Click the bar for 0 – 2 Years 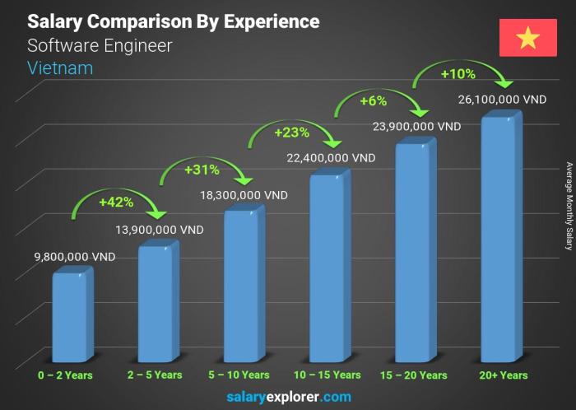68,317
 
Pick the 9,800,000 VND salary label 52,257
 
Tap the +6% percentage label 373,102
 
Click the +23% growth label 286,132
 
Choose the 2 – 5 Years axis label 156,375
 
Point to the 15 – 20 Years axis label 415,375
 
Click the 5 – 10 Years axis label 242,375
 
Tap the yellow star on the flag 527,37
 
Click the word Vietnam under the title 60,68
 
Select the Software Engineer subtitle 100,45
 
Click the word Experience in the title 272,21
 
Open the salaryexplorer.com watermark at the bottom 288,397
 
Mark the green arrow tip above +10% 507,85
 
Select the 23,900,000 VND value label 417,127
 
